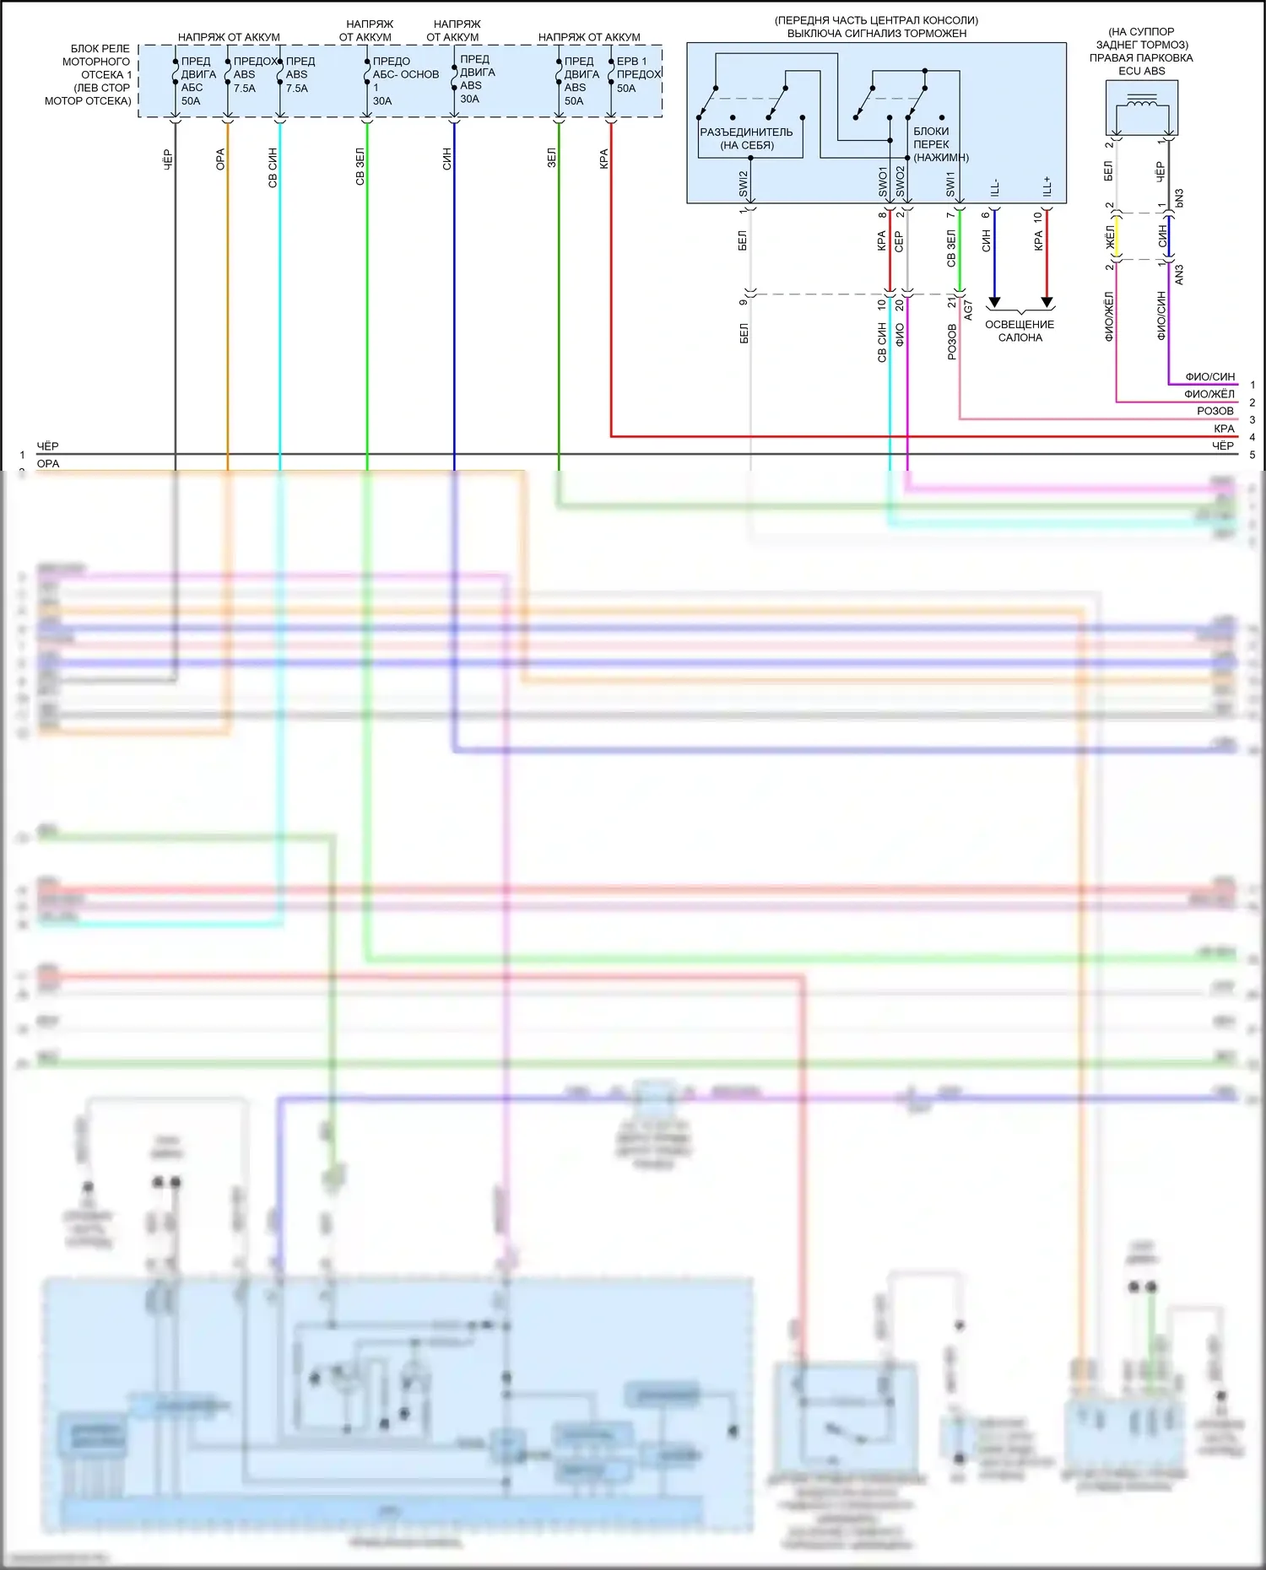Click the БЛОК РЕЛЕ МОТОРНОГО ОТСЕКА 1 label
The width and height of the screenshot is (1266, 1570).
[89, 74]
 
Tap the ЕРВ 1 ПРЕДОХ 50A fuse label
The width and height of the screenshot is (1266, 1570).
[638, 74]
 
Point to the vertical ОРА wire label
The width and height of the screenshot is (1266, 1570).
[220, 159]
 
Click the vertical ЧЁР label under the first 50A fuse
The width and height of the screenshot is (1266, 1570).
[167, 159]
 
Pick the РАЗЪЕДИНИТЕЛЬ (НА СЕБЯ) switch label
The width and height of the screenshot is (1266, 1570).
[746, 138]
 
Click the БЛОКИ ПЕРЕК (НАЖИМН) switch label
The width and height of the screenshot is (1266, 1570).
[939, 144]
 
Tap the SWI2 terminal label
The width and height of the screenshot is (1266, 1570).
[744, 183]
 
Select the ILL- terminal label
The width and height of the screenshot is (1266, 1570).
[994, 187]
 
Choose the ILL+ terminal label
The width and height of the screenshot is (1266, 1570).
[1047, 186]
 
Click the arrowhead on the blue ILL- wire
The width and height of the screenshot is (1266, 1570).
[994, 302]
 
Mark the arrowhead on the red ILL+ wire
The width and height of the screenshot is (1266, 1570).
[1047, 302]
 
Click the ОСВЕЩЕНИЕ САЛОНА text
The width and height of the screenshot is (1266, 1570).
[1020, 331]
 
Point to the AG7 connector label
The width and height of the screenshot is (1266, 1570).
[968, 310]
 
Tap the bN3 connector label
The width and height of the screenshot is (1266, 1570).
[1179, 198]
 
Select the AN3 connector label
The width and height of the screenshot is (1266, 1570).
[1179, 274]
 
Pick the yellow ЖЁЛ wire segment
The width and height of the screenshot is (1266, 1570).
[1117, 237]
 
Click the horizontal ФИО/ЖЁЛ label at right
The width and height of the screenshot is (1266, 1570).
[1209, 394]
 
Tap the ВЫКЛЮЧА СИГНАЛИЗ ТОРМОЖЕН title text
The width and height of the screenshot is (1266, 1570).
[876, 34]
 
